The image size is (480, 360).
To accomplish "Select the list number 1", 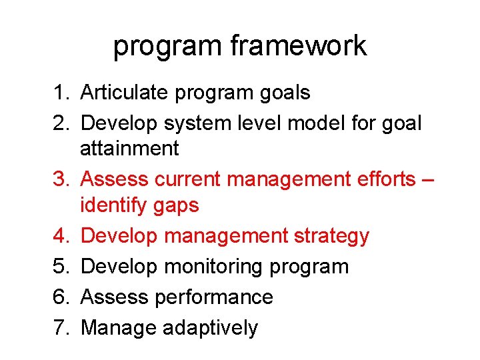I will [x=59, y=93].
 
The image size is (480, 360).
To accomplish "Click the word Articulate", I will [x=125, y=93].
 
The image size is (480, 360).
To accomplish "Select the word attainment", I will [x=129, y=148].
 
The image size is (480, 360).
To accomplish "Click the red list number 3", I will [x=59, y=179].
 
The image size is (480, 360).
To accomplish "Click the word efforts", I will [x=377, y=179].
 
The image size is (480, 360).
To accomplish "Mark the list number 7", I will [x=59, y=327].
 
